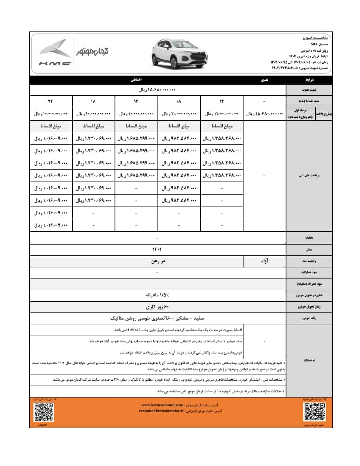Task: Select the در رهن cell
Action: click(158, 261)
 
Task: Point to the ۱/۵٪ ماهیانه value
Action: click(158, 295)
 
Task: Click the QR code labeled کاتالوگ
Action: click(44, 412)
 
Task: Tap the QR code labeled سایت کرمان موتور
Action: click(314, 412)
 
